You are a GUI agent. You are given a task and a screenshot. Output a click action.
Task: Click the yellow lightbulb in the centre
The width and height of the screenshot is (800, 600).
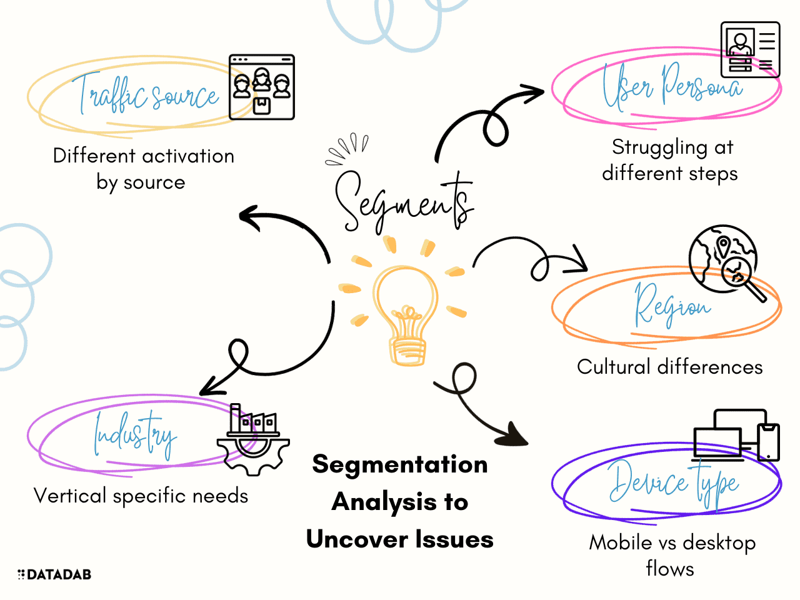pyautogui.click(x=406, y=312)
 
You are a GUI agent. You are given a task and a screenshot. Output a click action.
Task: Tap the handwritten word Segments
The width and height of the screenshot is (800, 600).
pyautogui.click(x=403, y=200)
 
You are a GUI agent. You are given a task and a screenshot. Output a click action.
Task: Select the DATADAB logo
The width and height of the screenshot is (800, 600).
pyautogui.click(x=55, y=574)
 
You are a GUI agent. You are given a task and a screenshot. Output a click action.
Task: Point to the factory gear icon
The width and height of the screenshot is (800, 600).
pyautogui.click(x=253, y=437)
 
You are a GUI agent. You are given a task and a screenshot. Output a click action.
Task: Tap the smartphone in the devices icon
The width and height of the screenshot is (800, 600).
pyautogui.click(x=768, y=441)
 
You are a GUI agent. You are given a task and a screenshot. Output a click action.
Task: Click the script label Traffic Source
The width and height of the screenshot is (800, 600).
pyautogui.click(x=147, y=96)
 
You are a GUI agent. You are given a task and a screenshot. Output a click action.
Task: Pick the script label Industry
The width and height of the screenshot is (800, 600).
pyautogui.click(x=134, y=434)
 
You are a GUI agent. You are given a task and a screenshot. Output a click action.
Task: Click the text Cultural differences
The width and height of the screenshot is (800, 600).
pyautogui.click(x=669, y=367)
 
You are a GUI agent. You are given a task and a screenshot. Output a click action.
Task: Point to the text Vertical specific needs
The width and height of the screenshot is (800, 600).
pyautogui.click(x=141, y=496)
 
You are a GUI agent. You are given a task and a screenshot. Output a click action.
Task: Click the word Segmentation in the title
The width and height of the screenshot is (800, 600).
pyautogui.click(x=400, y=464)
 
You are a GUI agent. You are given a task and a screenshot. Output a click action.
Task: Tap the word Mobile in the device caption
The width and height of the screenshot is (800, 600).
pyautogui.click(x=621, y=542)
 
